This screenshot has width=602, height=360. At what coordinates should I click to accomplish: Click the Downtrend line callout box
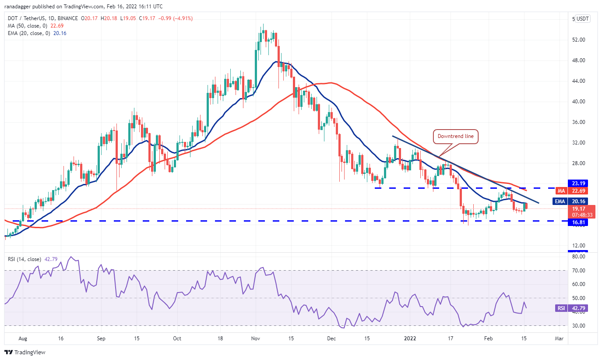(455, 137)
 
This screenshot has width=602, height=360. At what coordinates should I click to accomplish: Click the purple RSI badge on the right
(561, 308)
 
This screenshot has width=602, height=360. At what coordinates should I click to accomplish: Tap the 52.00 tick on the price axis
(578, 40)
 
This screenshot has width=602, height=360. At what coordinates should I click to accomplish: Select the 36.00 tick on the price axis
(578, 122)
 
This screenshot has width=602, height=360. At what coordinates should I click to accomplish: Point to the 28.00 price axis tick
(578, 163)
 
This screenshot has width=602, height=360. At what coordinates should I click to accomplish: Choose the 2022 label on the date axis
(410, 339)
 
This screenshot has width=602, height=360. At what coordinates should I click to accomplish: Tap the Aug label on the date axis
(23, 339)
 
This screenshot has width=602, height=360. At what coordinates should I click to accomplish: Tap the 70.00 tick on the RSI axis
(578, 271)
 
